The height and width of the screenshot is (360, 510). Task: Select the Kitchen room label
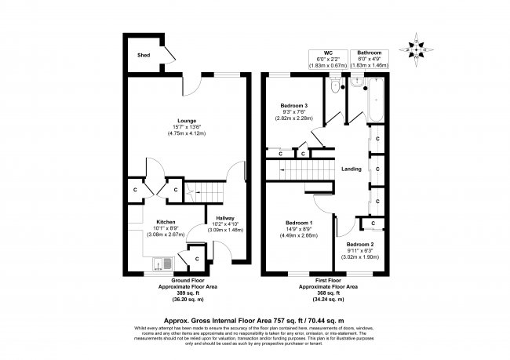click(165, 222)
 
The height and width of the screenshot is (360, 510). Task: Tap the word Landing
click(351, 169)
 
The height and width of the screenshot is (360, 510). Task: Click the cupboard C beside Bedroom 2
click(372, 224)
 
